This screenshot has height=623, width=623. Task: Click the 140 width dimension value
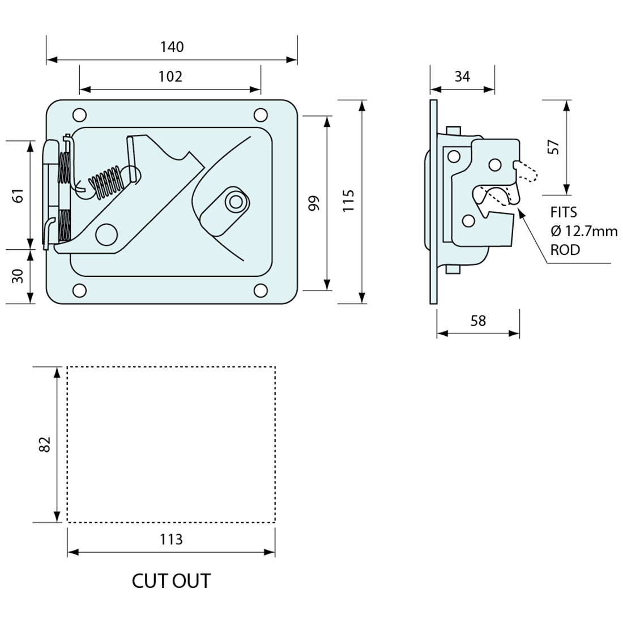point(172,47)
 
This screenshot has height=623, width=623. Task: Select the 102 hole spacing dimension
point(170,76)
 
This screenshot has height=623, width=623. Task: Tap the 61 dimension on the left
point(18,195)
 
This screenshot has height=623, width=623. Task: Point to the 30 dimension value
point(18,276)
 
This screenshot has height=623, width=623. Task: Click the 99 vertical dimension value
point(314,203)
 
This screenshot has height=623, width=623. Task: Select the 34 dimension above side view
point(462,76)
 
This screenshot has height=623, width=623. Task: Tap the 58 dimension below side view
point(478,321)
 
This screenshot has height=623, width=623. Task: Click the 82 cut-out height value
point(45,444)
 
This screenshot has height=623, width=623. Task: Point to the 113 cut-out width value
point(171,539)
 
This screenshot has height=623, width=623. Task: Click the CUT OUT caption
point(171,581)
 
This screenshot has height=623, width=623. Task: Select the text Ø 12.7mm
point(583,231)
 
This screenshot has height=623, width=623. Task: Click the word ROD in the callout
point(565,250)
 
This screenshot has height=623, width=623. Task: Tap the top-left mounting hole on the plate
point(79,115)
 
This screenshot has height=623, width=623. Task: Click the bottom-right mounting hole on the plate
point(261,290)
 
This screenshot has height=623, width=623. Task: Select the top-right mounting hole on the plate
point(261,115)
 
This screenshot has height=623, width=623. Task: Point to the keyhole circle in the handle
point(235,201)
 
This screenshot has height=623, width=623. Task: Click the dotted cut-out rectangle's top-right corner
point(275,367)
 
